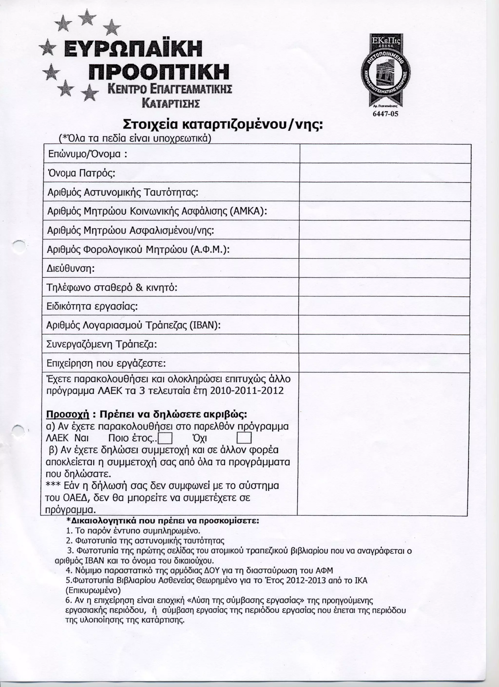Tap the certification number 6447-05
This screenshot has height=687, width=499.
tap(385, 114)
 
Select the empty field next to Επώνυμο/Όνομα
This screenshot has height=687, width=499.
tap(385, 154)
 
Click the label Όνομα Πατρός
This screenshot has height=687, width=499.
tap(81, 173)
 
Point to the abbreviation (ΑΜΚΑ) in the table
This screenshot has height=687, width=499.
tap(248, 211)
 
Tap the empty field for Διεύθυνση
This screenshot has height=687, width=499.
tap(384, 268)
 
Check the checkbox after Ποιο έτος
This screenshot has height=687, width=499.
tap(165, 439)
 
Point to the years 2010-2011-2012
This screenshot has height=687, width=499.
tap(247, 391)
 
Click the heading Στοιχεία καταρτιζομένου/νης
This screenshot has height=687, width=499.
tap(222, 124)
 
